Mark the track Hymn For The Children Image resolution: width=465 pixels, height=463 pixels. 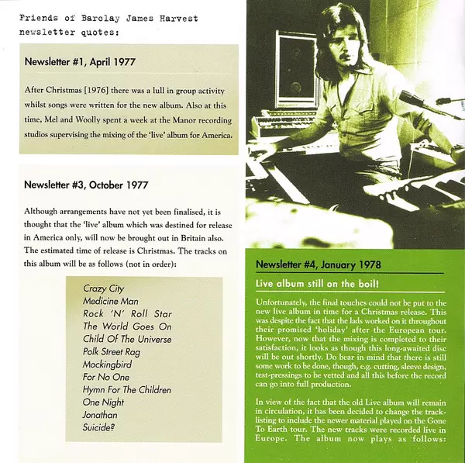127,390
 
